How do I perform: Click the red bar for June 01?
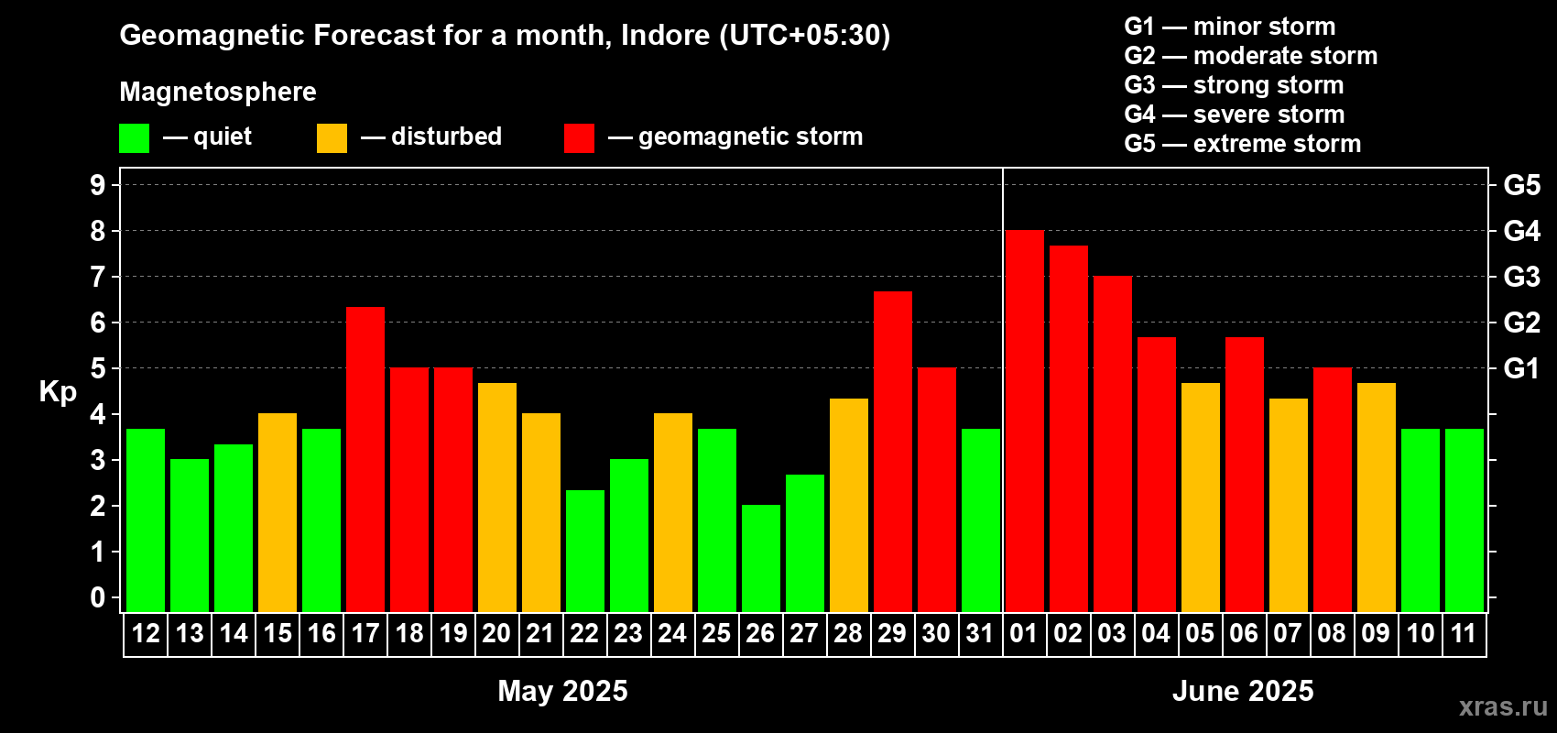coord(1025,421)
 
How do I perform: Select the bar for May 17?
coord(365,459)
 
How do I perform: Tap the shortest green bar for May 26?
coord(760,558)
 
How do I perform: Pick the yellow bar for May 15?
coord(278,512)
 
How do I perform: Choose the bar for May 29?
coord(892,452)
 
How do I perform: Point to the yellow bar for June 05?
coord(1201,498)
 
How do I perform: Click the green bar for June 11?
coord(1464,520)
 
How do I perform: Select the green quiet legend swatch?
coord(134,137)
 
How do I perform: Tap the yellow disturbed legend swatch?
coord(332,137)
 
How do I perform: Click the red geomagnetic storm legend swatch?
coord(579,137)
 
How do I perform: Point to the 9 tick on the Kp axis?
coord(97,185)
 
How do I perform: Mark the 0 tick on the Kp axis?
coord(97,597)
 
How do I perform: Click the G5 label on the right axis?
coord(1521,185)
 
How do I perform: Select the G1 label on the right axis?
coord(1521,368)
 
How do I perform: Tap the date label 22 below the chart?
coord(584,633)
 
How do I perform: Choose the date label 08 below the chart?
coord(1332,633)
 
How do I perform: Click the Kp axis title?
coord(58,391)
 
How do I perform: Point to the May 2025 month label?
coord(562,691)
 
